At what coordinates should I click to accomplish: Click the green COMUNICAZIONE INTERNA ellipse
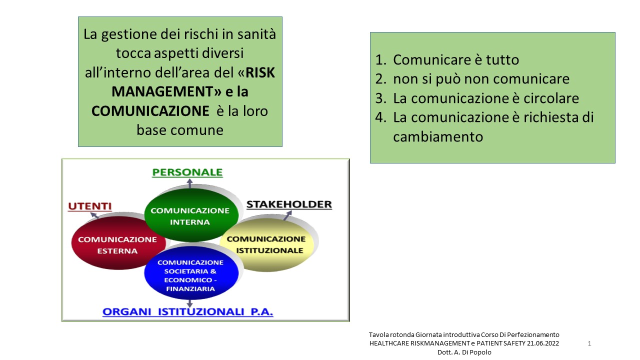(191, 215)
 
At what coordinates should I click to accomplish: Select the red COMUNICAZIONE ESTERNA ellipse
(118, 243)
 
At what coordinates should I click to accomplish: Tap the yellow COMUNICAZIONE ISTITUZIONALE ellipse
(267, 245)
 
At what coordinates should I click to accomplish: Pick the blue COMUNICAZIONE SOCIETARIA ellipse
(191, 273)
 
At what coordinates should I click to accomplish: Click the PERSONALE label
(187, 172)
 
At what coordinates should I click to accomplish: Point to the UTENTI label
(89, 206)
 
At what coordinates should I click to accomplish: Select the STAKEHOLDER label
(289, 204)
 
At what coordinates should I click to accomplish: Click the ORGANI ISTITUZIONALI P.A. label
(187, 311)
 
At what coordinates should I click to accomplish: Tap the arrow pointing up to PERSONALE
(189, 183)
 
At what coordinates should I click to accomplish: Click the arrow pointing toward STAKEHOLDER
(287, 215)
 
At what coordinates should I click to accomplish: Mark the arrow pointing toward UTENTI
(94, 215)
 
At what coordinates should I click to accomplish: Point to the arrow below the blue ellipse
(189, 303)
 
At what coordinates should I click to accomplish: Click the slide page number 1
(589, 343)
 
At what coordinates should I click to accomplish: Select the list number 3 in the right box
(381, 98)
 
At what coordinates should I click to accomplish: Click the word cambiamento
(438, 137)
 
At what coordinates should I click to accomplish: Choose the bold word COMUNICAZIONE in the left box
(150, 111)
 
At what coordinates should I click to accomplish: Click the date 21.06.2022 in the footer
(543, 343)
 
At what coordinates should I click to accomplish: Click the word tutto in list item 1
(502, 60)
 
